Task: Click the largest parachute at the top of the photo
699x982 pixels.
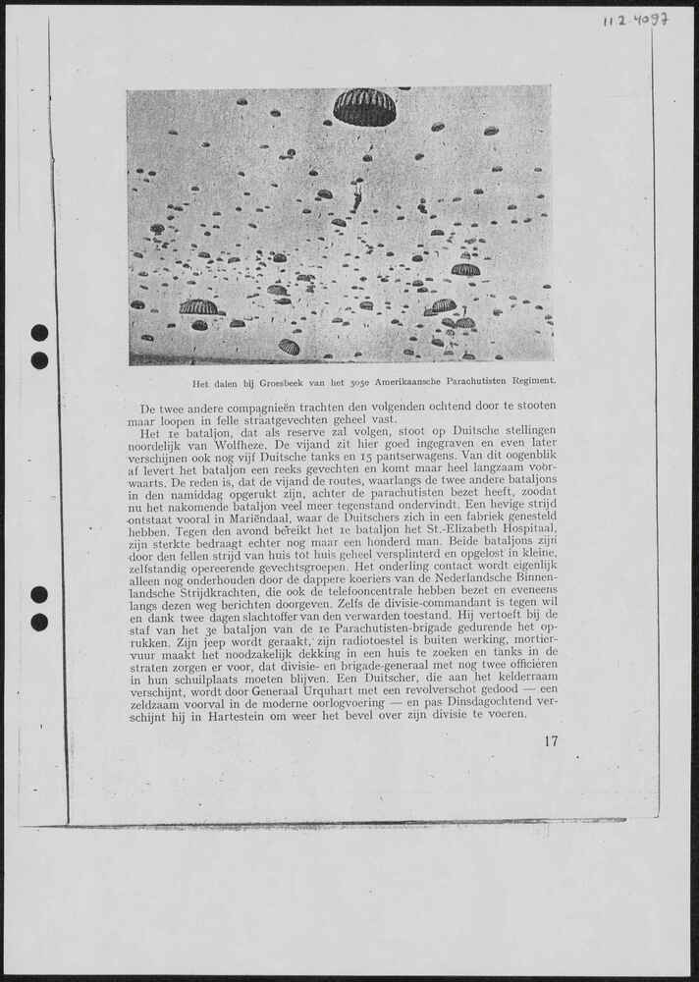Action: pyautogui.click(x=364, y=107)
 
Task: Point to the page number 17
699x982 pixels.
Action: pyautogui.click(x=550, y=741)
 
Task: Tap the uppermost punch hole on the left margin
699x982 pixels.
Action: pyautogui.click(x=39, y=333)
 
